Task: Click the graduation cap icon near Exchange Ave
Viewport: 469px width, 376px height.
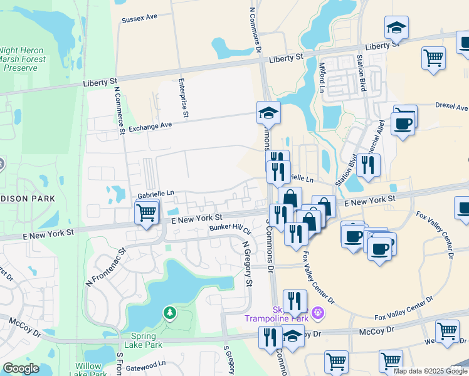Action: [268, 113]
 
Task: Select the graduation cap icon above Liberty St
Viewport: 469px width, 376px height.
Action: [396, 27]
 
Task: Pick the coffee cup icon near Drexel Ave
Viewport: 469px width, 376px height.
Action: [403, 122]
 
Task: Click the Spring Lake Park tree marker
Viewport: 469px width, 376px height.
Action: [169, 312]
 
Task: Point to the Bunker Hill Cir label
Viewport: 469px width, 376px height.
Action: [229, 230]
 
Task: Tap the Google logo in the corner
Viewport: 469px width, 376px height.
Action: [21, 368]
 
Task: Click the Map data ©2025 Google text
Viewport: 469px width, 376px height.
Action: [430, 371]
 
